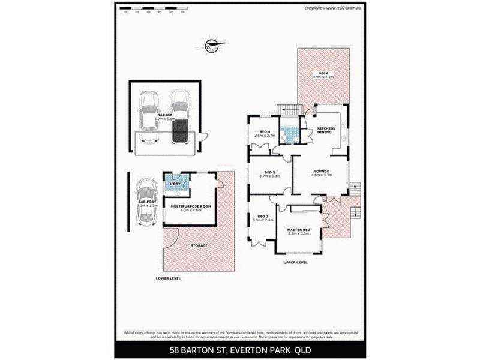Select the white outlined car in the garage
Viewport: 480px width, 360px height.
148,117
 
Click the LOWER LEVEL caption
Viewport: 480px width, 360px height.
168,278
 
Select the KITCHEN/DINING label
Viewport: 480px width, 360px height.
327,131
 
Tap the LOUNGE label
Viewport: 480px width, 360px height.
322,171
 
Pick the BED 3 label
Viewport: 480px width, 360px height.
262,216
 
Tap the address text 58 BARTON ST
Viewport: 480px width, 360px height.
200,350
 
